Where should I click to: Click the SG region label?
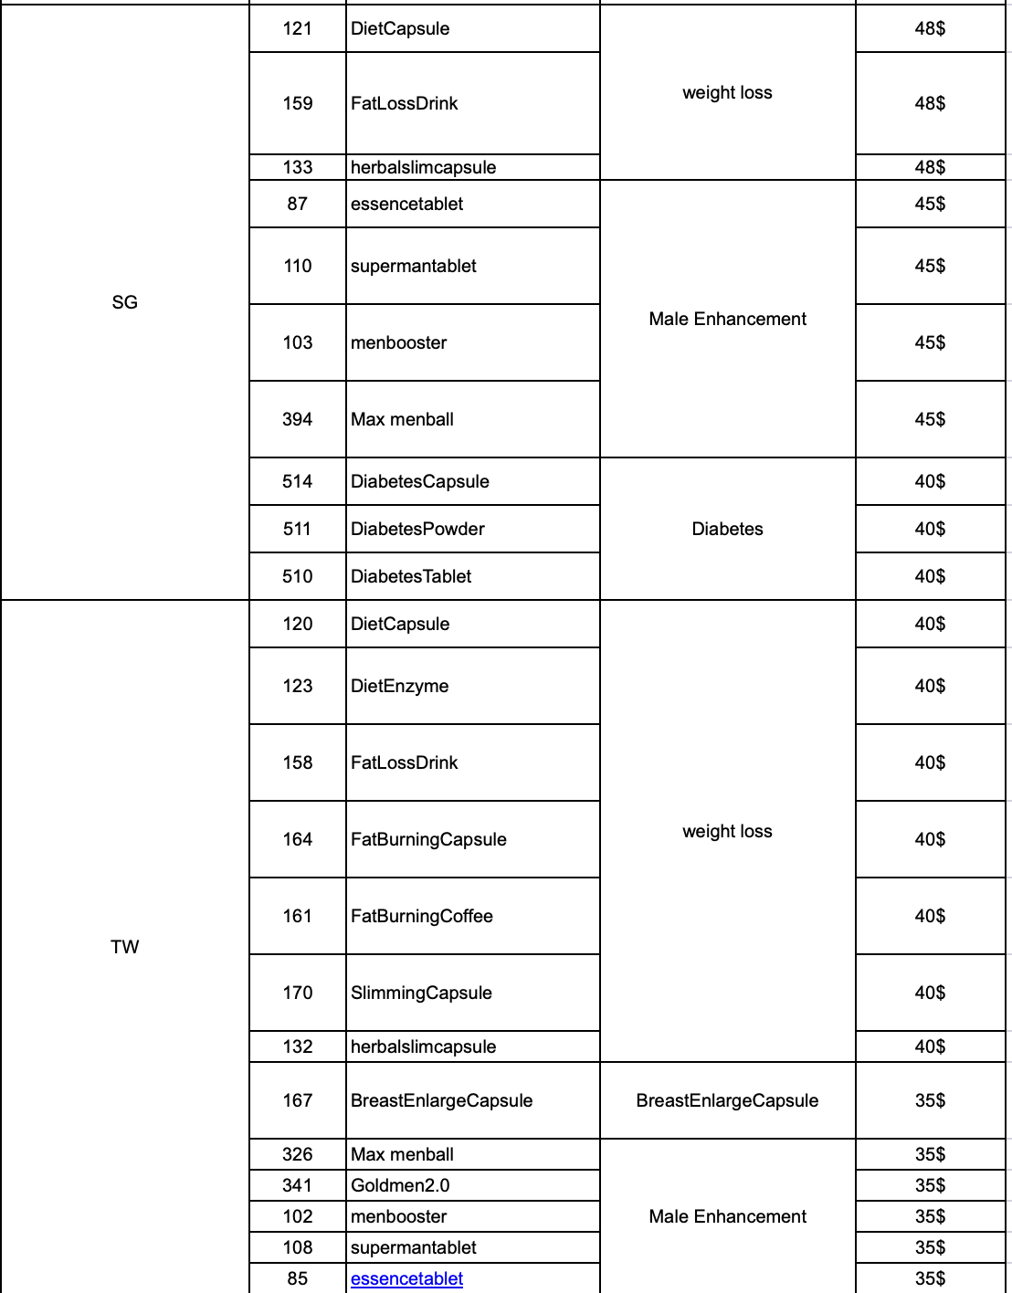pyautogui.click(x=125, y=302)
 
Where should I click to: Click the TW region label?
pyautogui.click(x=125, y=947)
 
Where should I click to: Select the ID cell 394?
pyautogui.click(x=298, y=419)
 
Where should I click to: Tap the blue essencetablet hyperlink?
pyautogui.click(x=406, y=1278)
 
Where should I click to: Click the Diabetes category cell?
pyautogui.click(x=727, y=529)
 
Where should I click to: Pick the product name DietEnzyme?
pyautogui.click(x=400, y=686)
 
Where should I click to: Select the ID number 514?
pyautogui.click(x=298, y=481)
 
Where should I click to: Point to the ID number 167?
pyautogui.click(x=298, y=1100)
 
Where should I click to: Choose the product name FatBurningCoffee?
pyautogui.click(x=422, y=916)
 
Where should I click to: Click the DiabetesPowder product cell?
pyautogui.click(x=417, y=529)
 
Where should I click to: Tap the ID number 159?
pyautogui.click(x=298, y=103)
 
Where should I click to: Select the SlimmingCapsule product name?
pyautogui.click(x=421, y=993)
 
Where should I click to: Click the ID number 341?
pyautogui.click(x=298, y=1185)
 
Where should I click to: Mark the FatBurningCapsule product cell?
pyautogui.click(x=428, y=839)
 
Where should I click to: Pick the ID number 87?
pyautogui.click(x=298, y=204)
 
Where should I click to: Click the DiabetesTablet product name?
pyautogui.click(x=411, y=576)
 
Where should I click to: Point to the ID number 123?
pyautogui.click(x=298, y=686)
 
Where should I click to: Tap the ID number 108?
pyautogui.click(x=298, y=1247)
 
